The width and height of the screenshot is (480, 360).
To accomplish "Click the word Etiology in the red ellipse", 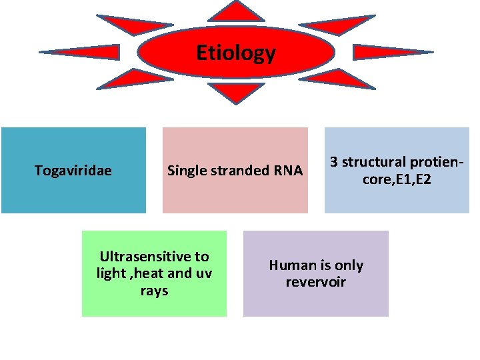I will click(x=236, y=53).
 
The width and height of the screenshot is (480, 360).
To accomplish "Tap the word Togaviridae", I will click(x=73, y=171).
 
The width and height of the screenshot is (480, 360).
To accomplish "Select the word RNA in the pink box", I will click(x=288, y=171).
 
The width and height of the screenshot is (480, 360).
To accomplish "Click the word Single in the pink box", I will click(x=187, y=171).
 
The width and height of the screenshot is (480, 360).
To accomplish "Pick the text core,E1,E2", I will click(x=396, y=179).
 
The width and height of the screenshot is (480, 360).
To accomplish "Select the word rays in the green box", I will click(x=154, y=291).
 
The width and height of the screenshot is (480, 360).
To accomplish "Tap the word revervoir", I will click(x=316, y=282).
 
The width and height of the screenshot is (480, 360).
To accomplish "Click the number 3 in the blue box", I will click(x=333, y=162).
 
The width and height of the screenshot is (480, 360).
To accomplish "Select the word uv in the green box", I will click(x=203, y=273).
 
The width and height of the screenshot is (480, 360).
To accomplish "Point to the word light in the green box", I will click(x=111, y=273).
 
